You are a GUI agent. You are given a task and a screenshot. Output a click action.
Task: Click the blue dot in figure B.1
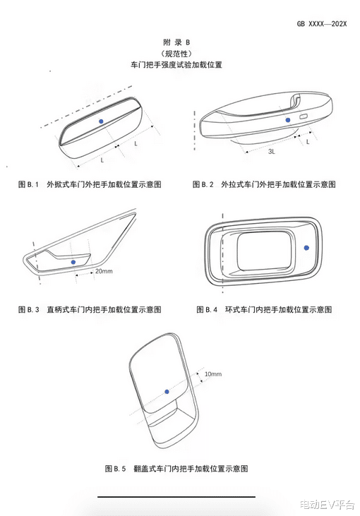click(101, 121)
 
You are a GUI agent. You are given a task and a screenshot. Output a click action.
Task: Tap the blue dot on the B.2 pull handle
click(288, 120)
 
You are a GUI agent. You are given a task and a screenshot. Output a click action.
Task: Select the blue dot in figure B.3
click(73, 262)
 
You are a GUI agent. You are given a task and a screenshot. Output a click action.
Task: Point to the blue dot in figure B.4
click(306, 248)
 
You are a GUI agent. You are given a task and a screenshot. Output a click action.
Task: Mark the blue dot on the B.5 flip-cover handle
click(167, 392)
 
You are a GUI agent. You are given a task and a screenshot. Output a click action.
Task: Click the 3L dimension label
click(272, 152)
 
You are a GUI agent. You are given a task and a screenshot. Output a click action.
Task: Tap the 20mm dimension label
click(104, 271)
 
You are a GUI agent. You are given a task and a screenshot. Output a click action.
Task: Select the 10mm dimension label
click(213, 374)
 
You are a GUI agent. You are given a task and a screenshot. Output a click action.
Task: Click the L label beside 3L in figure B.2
click(308, 142)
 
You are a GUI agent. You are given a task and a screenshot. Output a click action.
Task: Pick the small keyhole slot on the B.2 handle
click(304, 116)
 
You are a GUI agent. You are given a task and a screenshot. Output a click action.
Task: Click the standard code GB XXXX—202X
click(322, 24)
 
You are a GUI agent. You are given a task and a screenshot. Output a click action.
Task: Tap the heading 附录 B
click(176, 42)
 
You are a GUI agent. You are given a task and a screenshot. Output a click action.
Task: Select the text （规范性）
click(176, 54)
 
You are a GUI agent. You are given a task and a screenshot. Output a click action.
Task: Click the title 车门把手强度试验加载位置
click(176, 64)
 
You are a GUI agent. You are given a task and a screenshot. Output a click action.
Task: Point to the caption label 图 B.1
click(28, 184)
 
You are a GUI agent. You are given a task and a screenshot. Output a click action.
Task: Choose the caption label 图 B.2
click(203, 184)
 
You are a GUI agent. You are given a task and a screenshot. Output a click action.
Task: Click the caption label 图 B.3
click(29, 309)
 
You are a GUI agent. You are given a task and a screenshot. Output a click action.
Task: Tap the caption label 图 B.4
click(207, 309)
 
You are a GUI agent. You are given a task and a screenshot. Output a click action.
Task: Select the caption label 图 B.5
click(116, 468)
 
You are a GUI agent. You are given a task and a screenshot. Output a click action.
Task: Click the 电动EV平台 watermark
click(327, 504)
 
